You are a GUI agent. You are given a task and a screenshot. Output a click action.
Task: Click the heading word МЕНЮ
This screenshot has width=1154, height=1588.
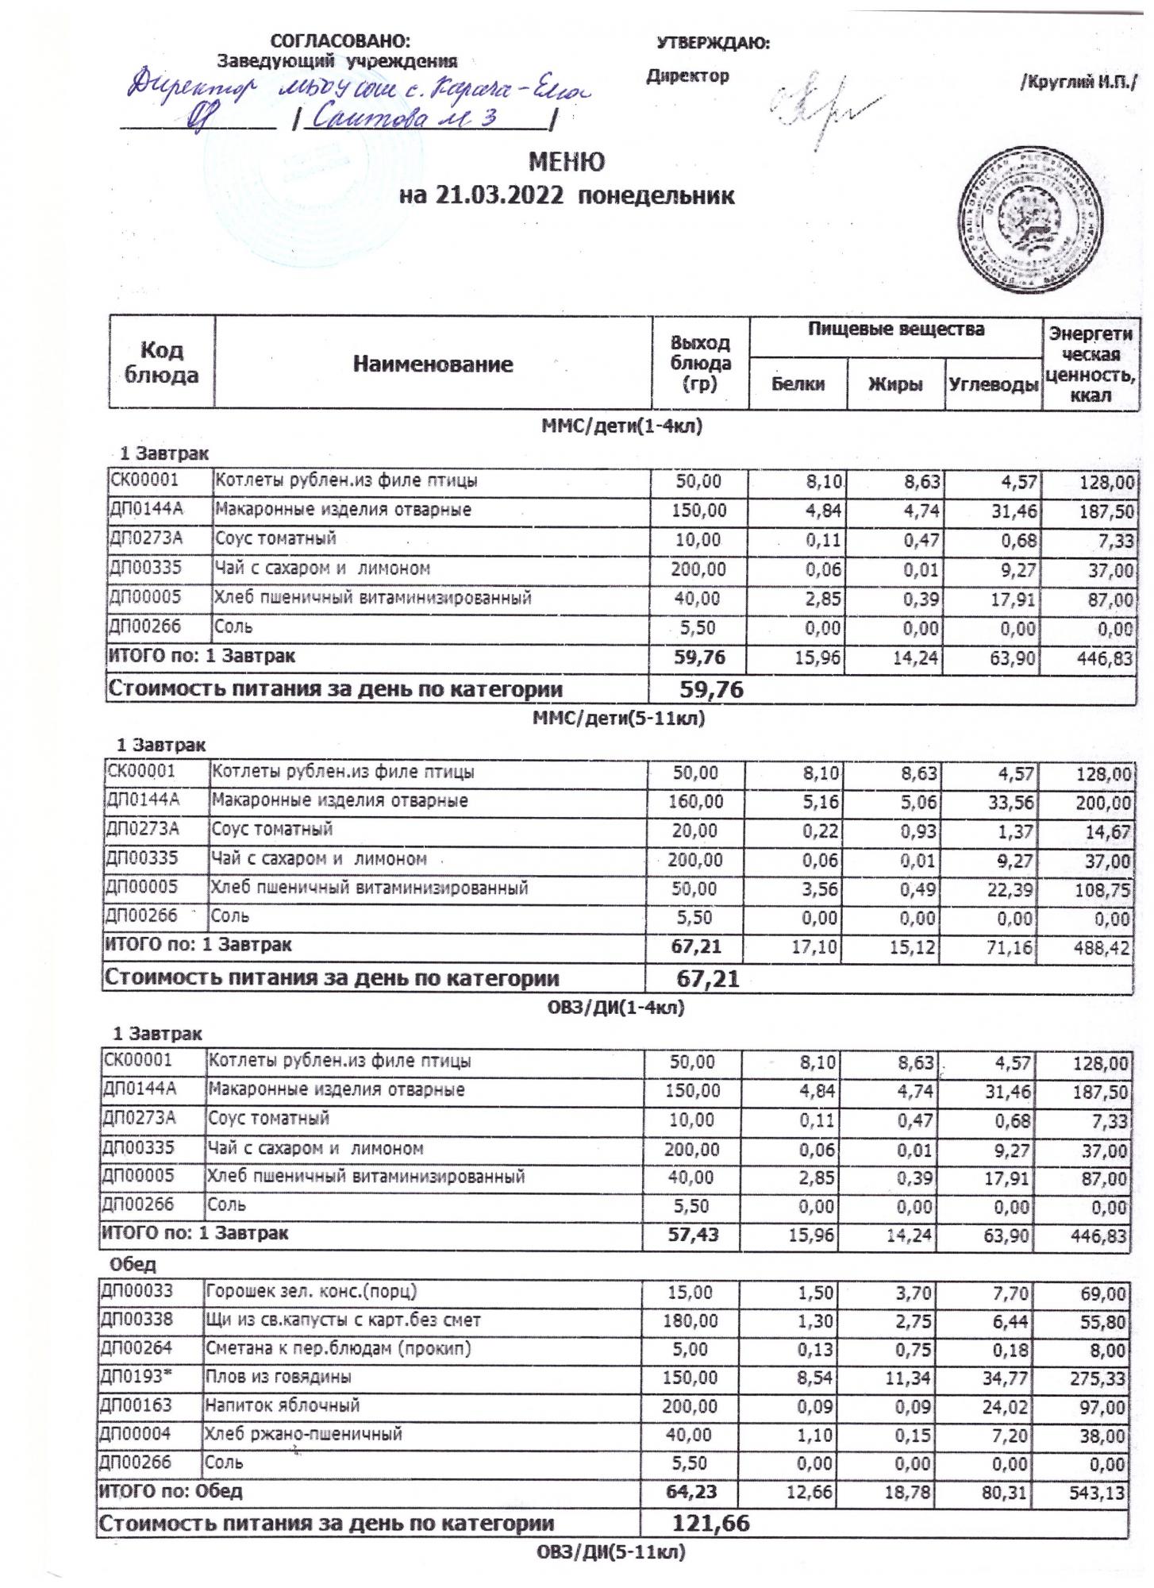(567, 162)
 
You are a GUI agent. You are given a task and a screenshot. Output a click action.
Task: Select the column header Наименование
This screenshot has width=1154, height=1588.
(433, 364)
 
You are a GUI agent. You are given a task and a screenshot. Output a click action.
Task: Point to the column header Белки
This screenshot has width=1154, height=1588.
(798, 384)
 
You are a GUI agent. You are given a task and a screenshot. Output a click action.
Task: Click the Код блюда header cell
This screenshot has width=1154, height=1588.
(161, 363)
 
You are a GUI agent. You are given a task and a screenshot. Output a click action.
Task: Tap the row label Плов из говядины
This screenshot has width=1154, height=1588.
(279, 1376)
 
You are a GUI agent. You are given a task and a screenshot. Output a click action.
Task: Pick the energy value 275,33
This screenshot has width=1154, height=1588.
(1098, 1378)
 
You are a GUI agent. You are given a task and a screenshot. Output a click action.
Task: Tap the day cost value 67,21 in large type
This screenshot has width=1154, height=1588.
(707, 979)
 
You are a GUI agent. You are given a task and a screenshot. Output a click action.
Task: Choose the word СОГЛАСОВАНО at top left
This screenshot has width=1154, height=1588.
(341, 41)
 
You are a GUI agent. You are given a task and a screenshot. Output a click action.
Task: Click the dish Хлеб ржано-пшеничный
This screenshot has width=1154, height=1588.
(304, 1434)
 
